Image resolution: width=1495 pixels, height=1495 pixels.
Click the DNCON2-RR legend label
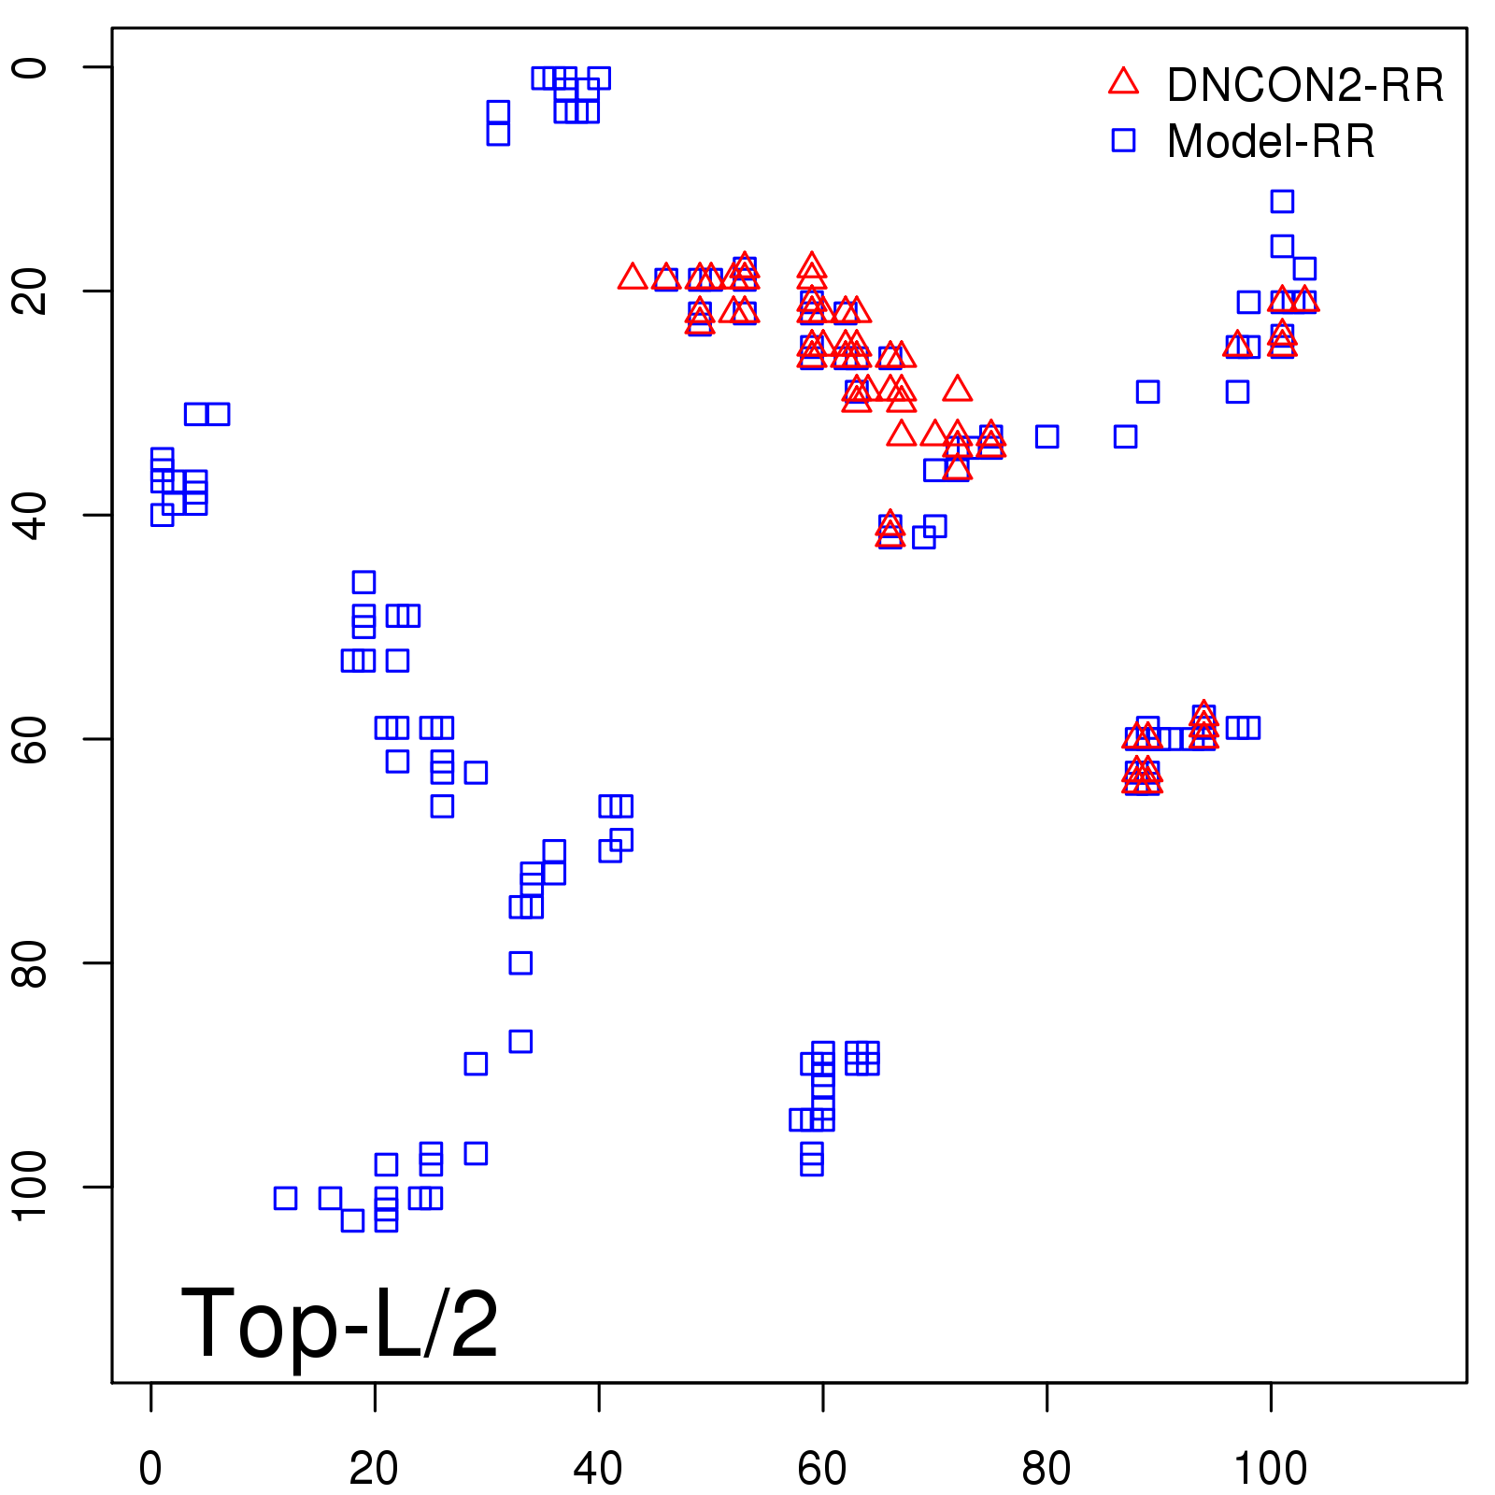click(x=1304, y=86)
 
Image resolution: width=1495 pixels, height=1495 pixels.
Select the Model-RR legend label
click(x=1271, y=142)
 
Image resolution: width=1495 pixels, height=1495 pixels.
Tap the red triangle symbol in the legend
click(x=1123, y=82)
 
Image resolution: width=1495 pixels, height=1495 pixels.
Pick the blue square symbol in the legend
click(x=1123, y=140)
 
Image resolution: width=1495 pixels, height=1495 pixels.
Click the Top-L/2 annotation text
click(x=340, y=1323)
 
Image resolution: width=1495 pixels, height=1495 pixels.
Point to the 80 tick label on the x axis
click(x=1046, y=1469)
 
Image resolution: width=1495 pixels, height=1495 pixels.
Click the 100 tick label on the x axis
click(x=1271, y=1469)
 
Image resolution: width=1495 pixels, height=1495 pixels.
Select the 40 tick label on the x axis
click(x=598, y=1469)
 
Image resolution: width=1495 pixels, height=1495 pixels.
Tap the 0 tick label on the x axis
click(x=150, y=1469)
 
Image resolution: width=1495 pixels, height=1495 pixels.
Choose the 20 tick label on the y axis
click(x=32, y=291)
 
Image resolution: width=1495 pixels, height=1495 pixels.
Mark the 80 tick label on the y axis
click(x=32, y=962)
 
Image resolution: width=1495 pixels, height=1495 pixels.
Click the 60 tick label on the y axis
click(x=32, y=738)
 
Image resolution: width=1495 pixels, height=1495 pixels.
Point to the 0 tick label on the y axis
click(x=32, y=67)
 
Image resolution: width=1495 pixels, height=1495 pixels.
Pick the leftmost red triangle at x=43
click(x=633, y=277)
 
